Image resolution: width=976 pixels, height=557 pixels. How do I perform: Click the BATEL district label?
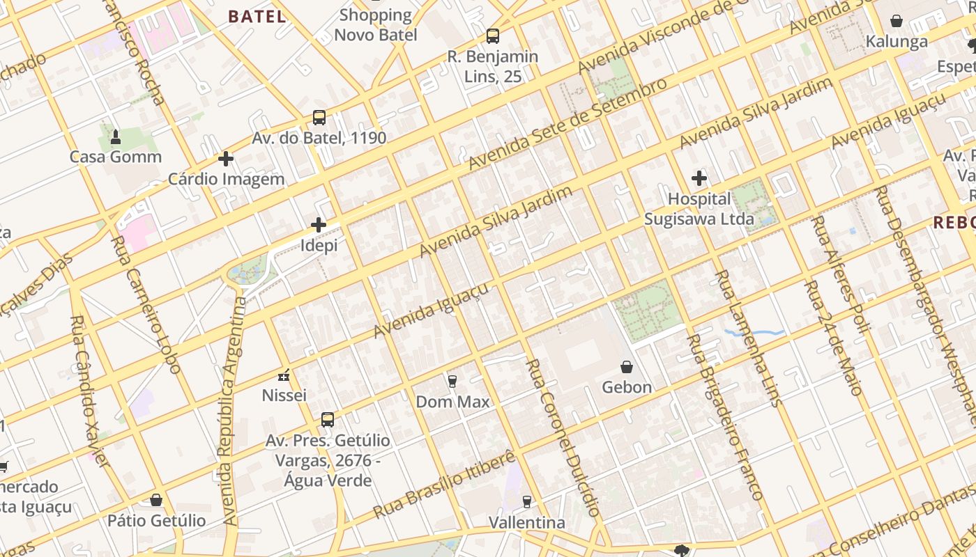tap(257, 17)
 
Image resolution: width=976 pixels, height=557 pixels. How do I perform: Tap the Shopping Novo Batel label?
tap(376, 25)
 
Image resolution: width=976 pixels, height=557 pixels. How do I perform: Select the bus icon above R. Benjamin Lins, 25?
tap(493, 36)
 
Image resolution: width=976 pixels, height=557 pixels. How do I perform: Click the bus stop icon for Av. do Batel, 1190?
tap(319, 118)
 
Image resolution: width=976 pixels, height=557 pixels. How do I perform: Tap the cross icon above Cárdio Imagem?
tap(226, 159)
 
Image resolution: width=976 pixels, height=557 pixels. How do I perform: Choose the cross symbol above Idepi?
tap(319, 225)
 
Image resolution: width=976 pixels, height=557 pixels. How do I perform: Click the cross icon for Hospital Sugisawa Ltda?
tap(699, 178)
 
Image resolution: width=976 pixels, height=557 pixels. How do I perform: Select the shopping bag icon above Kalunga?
tap(897, 22)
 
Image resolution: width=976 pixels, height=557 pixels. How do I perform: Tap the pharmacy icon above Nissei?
tap(284, 376)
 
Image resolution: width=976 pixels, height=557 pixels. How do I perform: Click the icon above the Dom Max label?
tap(452, 382)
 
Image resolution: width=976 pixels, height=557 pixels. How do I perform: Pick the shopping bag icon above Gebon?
tap(627, 367)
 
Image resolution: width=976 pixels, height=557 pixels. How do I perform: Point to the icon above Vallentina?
tap(526, 502)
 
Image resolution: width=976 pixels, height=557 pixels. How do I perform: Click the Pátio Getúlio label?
tap(156, 521)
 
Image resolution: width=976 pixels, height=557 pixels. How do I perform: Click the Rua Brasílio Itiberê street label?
tap(445, 485)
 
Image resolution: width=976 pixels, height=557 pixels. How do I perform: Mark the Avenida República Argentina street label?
tap(233, 411)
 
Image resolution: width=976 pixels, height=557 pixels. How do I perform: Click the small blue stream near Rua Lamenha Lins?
tap(753, 333)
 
